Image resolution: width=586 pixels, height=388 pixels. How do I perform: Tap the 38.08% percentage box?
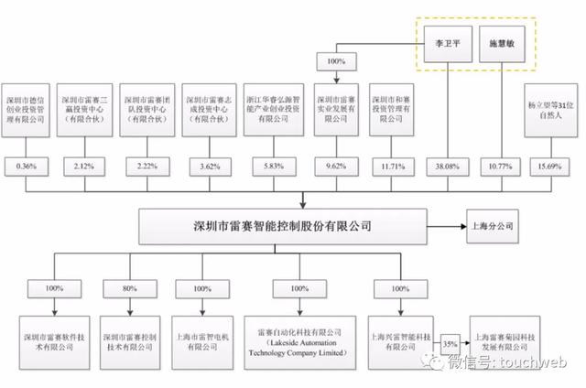(446, 167)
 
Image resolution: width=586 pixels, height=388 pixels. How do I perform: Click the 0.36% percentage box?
(25, 167)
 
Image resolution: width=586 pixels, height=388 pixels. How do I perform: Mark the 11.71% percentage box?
(395, 167)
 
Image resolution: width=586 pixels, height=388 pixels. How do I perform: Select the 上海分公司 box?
(492, 223)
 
